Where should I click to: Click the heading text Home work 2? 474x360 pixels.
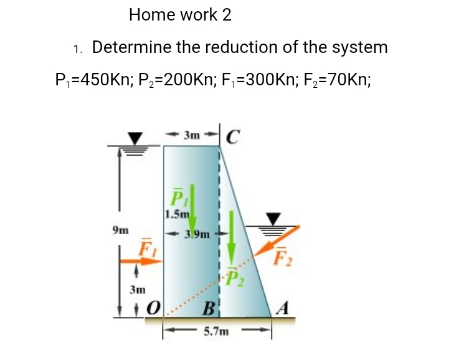click(x=180, y=15)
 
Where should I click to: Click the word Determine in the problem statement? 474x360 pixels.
click(x=131, y=47)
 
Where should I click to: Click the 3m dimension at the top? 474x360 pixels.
click(x=192, y=134)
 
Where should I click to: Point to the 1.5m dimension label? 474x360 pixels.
click(x=176, y=215)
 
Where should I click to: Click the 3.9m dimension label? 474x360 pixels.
click(x=193, y=234)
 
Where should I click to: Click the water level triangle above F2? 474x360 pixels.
click(x=274, y=218)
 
